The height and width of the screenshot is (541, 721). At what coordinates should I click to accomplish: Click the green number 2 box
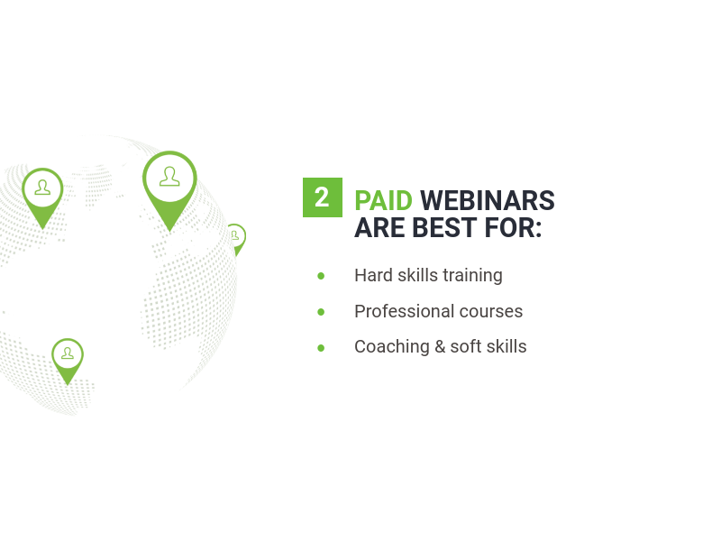(323, 197)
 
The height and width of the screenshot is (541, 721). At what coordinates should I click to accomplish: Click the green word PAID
(384, 201)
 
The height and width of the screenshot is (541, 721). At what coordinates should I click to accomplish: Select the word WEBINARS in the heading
(488, 201)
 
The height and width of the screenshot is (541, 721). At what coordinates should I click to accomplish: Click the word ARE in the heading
(379, 228)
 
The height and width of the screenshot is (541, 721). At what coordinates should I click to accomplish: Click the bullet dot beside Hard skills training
(321, 276)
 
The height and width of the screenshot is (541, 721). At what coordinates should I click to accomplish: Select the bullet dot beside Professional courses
(321, 312)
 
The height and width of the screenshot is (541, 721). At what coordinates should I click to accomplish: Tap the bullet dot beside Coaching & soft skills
(321, 348)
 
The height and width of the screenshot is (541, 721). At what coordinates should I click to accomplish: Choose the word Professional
(404, 311)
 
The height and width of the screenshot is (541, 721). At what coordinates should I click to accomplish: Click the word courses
(491, 312)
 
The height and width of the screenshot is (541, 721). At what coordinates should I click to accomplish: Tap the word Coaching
(392, 347)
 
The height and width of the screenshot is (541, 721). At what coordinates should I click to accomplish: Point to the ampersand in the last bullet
(440, 347)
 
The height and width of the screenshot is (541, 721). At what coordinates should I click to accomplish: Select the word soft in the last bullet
(465, 346)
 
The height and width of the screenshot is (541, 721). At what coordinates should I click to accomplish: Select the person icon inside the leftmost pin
(42, 188)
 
